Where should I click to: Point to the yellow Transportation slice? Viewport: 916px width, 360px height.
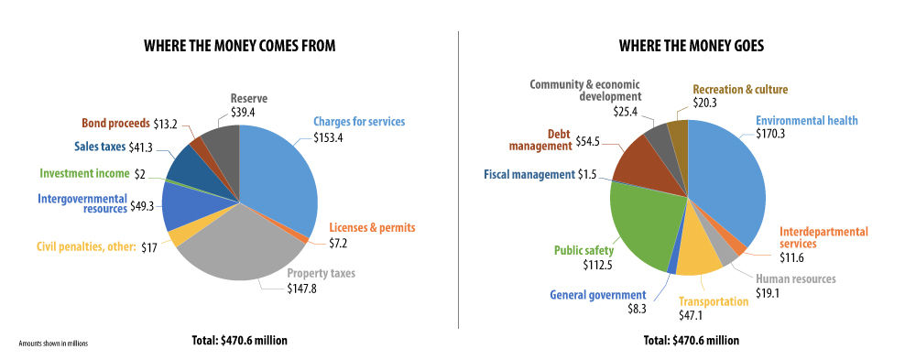tap(698, 256)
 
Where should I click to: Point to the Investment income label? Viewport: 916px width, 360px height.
tap(84, 173)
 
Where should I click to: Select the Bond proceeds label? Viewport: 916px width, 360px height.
tap(117, 123)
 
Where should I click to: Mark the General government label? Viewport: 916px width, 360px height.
tap(601, 295)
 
